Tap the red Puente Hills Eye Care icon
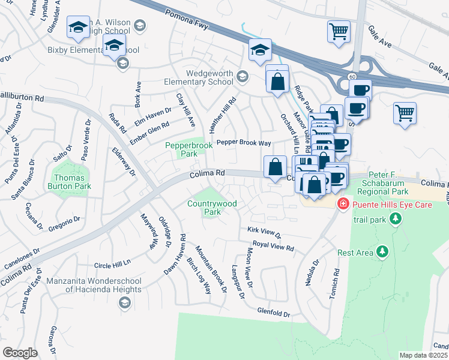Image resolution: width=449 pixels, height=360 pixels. point(343,204)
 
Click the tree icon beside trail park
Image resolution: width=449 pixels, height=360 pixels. point(394,220)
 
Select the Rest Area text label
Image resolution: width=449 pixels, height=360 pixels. point(355,253)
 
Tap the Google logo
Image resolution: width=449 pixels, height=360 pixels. point(20,352)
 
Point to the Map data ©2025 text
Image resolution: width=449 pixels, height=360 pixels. point(424,355)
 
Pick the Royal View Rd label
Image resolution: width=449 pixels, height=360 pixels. point(273,247)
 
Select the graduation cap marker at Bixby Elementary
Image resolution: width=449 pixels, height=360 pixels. point(113,45)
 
